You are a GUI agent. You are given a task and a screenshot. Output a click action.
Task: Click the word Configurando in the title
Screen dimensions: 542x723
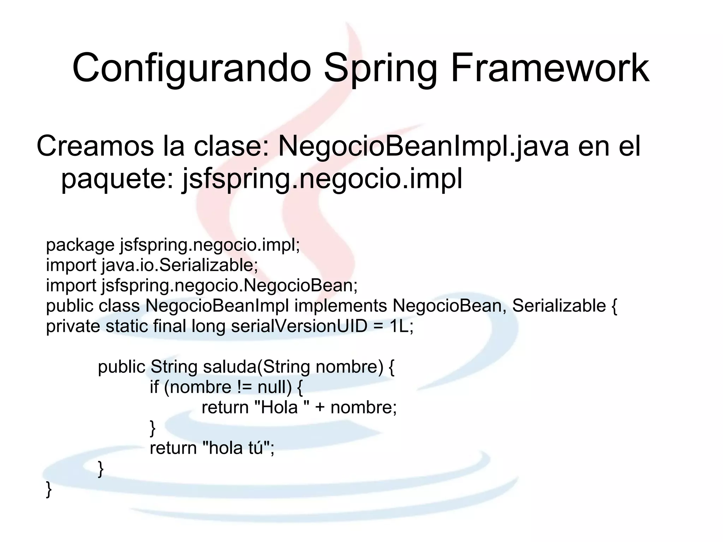click(191, 68)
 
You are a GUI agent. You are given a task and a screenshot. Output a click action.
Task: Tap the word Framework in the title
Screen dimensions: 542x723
click(550, 68)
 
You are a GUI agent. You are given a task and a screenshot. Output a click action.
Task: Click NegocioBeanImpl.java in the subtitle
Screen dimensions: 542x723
click(423, 147)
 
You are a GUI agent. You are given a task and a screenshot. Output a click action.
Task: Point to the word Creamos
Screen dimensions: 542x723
click(95, 147)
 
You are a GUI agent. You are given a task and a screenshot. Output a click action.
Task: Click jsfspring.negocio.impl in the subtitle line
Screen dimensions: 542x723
click(322, 179)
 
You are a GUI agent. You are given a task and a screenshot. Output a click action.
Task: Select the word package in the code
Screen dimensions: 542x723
click(80, 245)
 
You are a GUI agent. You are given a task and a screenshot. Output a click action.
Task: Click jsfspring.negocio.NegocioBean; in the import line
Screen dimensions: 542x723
click(229, 285)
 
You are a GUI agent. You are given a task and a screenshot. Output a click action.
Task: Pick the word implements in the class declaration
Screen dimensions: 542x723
click(340, 306)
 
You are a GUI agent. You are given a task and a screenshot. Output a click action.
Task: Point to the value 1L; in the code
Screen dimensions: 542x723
click(401, 326)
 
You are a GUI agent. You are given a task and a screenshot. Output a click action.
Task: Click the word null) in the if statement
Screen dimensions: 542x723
click(274, 387)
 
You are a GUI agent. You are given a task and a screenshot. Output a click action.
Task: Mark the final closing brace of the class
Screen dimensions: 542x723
click(49, 489)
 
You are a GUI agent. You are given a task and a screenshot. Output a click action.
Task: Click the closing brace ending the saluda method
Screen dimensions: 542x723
click(101, 469)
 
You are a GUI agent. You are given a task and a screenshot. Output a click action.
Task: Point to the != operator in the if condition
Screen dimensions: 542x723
click(244, 387)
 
